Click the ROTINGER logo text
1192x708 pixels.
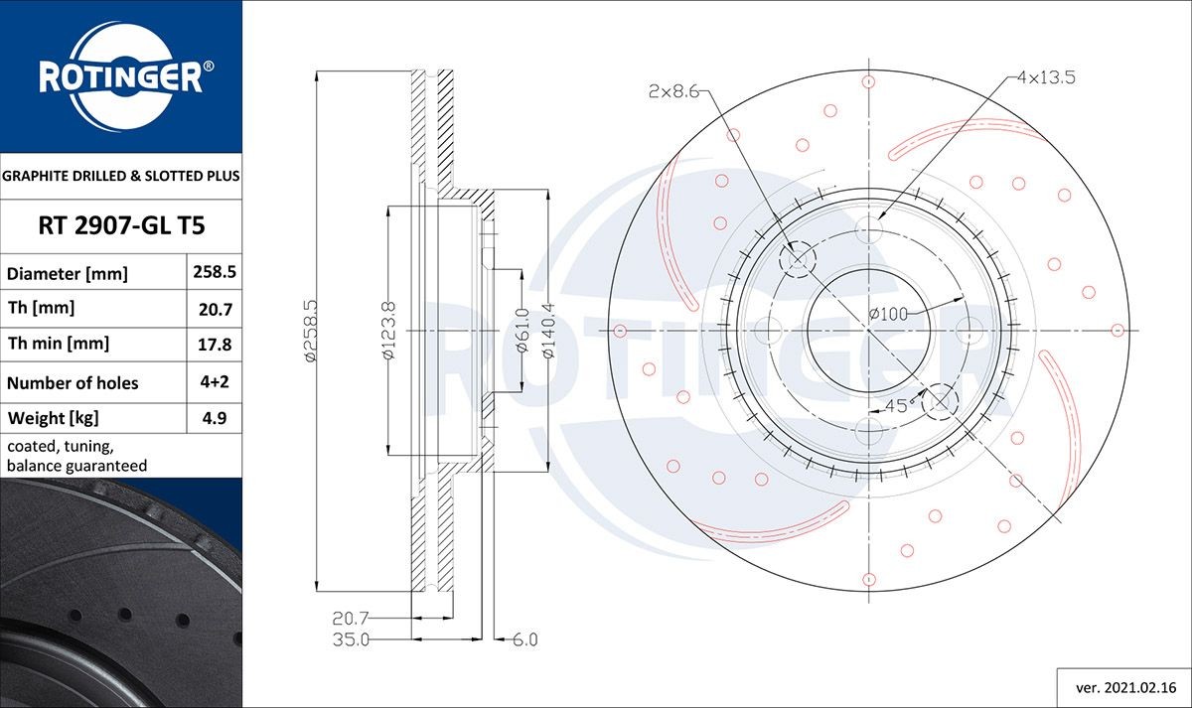pos(120,77)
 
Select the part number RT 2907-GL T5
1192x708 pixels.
pos(121,226)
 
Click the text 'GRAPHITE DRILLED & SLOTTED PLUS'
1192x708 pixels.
pos(121,176)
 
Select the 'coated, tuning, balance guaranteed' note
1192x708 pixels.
pos(76,456)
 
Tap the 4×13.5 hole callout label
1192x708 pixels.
pos(1046,76)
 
